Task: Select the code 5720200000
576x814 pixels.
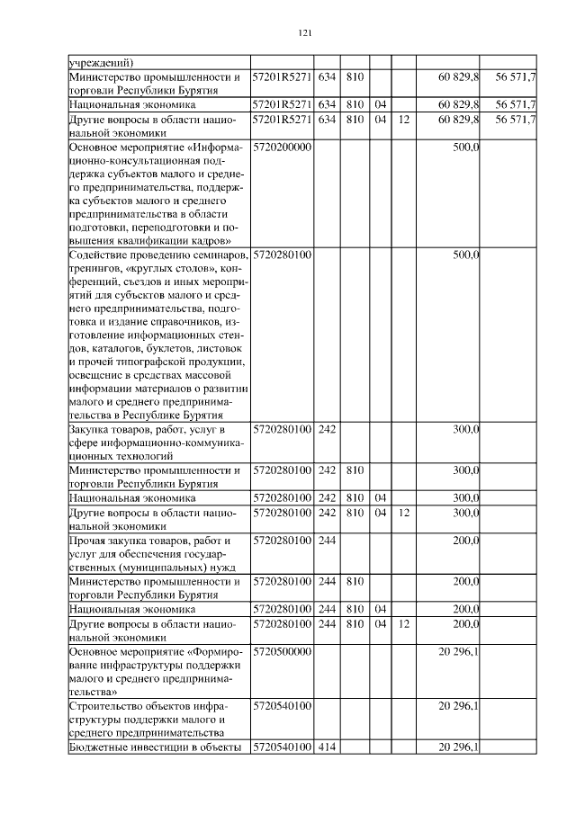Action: coord(283,147)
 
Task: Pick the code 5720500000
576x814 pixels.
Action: coord(283,650)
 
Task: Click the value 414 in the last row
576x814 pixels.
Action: coord(327,747)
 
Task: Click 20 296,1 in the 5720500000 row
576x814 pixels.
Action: coord(458,650)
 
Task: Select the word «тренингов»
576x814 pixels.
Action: coord(96,269)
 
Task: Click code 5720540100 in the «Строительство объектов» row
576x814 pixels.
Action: coord(283,707)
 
